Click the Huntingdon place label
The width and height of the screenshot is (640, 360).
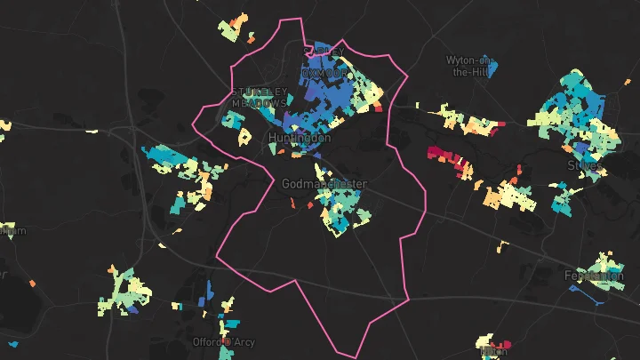click(300, 139)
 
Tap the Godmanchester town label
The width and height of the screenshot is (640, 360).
click(324, 184)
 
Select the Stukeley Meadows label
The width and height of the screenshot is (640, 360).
click(259, 97)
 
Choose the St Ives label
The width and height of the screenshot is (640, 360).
click(584, 165)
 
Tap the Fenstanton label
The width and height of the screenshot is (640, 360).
click(594, 276)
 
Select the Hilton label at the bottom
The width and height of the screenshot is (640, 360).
click(494, 351)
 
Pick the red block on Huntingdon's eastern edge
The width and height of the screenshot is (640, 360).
click(378, 108)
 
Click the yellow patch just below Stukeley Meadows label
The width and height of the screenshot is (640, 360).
click(243, 138)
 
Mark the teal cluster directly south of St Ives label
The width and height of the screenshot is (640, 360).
click(562, 200)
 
